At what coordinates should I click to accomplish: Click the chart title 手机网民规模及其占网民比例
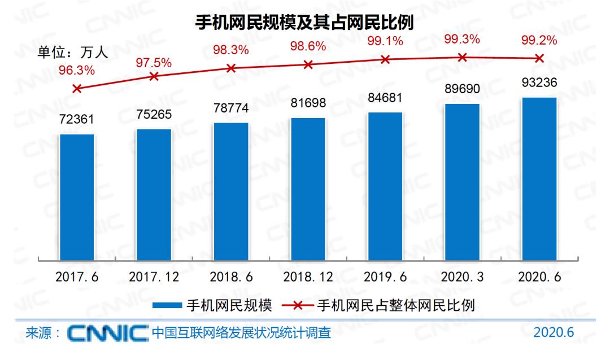[x=304, y=23]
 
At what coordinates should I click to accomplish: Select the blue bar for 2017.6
[x=77, y=198]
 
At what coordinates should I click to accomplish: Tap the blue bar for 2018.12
[x=308, y=189]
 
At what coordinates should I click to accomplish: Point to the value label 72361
[x=77, y=120]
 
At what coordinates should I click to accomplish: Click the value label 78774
[x=231, y=109]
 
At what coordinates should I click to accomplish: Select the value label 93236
[x=539, y=84]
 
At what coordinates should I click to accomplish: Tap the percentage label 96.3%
[x=77, y=71]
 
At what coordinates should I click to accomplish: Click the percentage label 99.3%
[x=462, y=40]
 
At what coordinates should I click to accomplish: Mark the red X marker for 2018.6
[x=231, y=68]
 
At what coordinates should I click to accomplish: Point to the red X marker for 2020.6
[x=539, y=58]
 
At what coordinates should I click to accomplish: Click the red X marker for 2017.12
[x=154, y=76]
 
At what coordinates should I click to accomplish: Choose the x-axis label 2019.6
[x=385, y=278]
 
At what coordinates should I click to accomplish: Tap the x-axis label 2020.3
[x=462, y=278]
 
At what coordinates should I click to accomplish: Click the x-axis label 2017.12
[x=154, y=278]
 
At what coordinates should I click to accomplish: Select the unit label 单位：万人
[x=73, y=54]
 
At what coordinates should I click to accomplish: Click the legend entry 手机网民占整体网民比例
[x=395, y=306]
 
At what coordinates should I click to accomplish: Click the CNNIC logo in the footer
[x=107, y=333]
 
